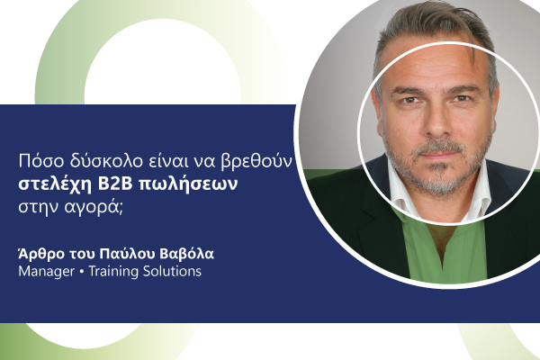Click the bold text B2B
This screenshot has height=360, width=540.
(x=115, y=184)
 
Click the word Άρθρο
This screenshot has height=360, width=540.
(x=41, y=254)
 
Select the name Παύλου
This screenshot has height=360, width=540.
(x=126, y=254)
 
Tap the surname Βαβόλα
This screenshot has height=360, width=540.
(x=187, y=254)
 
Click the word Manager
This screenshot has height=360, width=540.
(x=47, y=272)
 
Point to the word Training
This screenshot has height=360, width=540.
(x=113, y=272)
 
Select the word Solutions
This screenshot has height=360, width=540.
(x=172, y=271)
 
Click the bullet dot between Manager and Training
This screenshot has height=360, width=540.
(x=82, y=272)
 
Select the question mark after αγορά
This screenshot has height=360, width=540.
(x=121, y=209)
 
